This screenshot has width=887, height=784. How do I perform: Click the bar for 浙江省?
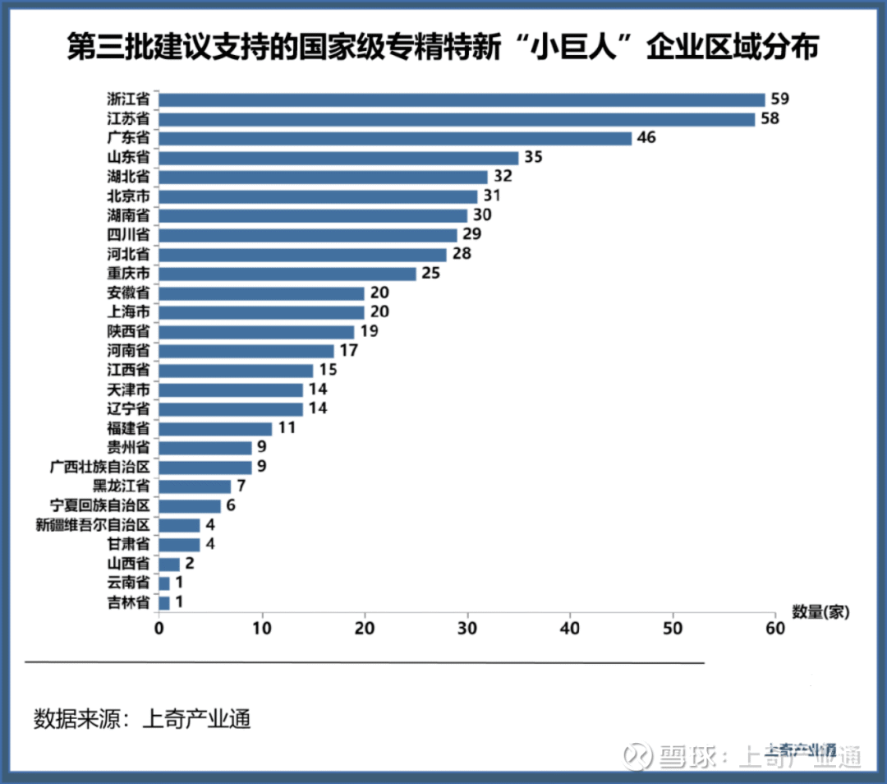click(461, 99)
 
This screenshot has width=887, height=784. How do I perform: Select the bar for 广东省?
click(394, 138)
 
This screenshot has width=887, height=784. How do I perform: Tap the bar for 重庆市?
click(287, 273)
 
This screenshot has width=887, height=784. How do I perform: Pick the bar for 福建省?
click(214, 428)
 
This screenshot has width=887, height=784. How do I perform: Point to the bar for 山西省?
click(168, 564)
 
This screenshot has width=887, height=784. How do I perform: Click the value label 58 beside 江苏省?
click(769, 119)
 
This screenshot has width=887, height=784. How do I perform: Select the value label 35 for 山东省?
click(533, 158)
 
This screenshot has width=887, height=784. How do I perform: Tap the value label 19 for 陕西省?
click(369, 332)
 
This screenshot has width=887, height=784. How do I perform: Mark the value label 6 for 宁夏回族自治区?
click(231, 505)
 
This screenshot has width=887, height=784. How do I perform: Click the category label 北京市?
click(128, 196)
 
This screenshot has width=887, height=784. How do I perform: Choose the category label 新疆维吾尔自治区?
click(92, 525)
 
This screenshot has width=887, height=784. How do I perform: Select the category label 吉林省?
click(128, 602)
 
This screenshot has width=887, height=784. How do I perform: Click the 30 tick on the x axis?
click(467, 629)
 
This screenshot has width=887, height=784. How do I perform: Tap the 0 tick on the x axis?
click(159, 629)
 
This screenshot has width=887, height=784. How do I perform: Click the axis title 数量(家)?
click(820, 611)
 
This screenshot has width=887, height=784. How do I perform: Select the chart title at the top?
click(443, 47)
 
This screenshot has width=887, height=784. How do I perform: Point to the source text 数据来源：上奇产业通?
click(141, 719)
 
